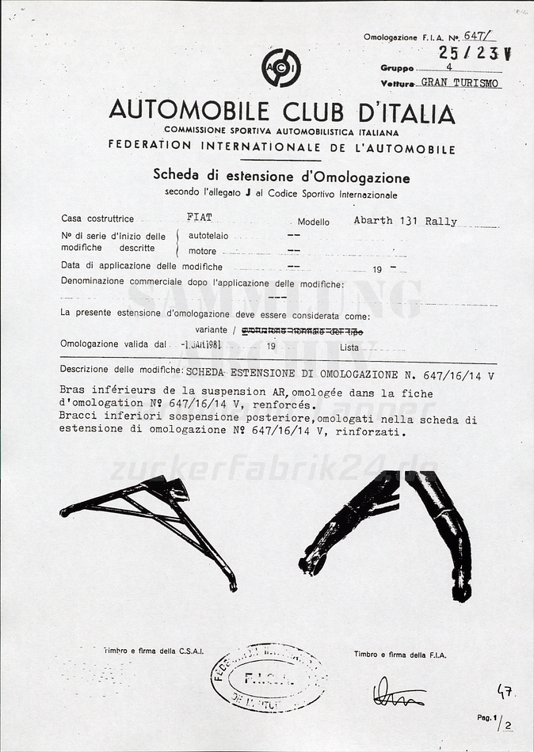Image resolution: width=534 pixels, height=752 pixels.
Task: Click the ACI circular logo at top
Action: coord(281,68)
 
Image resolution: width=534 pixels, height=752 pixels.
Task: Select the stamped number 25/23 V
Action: coord(475,53)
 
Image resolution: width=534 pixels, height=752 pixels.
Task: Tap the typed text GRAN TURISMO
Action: coord(460,82)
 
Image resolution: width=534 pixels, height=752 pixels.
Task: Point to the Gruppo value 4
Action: coord(448,67)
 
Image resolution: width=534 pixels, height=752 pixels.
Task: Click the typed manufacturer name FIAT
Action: coord(199,217)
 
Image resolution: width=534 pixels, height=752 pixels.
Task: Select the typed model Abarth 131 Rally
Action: coord(405,221)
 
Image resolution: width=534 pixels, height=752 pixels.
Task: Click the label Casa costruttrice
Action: coord(97,218)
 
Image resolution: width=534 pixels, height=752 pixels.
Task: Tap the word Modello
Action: coord(314,222)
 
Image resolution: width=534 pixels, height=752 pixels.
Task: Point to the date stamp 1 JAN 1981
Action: coord(201,344)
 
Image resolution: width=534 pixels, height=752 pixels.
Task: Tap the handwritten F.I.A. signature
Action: coord(398,693)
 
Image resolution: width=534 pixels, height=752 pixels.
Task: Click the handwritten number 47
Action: coord(505,691)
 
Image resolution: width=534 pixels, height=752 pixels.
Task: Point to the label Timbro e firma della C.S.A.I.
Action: coord(153,651)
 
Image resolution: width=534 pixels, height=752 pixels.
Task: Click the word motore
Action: coord(202,251)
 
